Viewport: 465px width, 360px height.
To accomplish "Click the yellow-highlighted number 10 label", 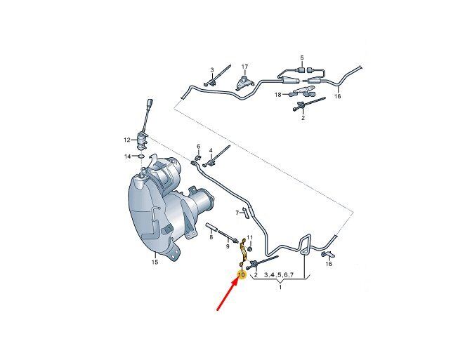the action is coord(242,275).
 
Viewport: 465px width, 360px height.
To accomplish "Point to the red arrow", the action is coord(228,295).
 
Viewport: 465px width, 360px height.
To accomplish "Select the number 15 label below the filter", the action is coord(155,262).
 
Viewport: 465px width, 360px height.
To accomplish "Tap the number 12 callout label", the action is coord(127,140).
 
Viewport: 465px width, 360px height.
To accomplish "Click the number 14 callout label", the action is coord(127,156).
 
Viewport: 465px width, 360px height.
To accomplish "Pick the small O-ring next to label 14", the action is coord(141,156).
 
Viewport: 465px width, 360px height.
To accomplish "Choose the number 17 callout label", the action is coord(244,67).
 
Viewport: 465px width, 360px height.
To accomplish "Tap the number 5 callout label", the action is coord(302,57).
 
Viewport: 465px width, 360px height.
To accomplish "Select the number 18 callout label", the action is coord(278,95).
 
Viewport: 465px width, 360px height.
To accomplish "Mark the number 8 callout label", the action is coord(211,237).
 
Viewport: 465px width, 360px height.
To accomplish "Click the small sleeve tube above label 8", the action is coord(211,227).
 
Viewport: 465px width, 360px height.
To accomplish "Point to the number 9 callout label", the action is coord(228,246).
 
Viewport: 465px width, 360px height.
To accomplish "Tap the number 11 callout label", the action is coord(249,237).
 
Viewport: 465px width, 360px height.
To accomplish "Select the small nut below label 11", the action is coord(249,249).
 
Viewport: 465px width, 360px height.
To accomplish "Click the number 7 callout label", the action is coord(237,213).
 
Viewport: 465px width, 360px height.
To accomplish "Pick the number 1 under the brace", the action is coord(280,287).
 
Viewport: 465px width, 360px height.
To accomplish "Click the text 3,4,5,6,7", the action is coord(279,275).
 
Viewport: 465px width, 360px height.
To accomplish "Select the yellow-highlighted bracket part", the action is coord(243,253).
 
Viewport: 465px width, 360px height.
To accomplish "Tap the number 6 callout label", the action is coord(198,147).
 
